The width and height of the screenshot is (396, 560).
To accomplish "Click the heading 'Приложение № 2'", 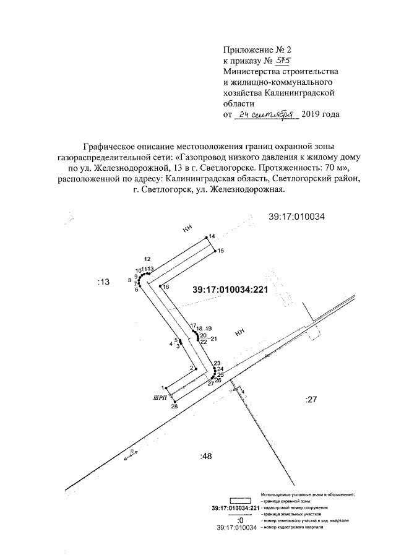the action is [254, 50].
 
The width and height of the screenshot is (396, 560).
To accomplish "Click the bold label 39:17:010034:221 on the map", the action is [229, 289].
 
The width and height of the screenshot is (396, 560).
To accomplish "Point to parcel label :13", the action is [103, 282].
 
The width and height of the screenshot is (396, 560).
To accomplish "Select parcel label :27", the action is [311, 400].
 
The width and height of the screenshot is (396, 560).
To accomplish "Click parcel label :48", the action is [206, 457].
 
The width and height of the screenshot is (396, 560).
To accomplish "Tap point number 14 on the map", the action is [212, 236].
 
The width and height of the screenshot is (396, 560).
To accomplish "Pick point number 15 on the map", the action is [221, 250].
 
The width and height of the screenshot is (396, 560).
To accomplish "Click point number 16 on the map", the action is [166, 287].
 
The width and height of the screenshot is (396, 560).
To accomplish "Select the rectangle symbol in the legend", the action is [241, 501].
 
